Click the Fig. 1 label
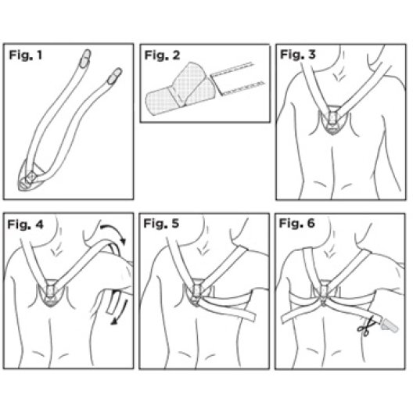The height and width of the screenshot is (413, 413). (26, 56)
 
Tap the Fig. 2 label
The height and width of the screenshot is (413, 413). (162, 56)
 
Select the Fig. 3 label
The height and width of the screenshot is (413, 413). (298, 55)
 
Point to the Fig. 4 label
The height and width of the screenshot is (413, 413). (25, 224)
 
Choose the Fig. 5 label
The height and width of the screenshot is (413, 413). (161, 224)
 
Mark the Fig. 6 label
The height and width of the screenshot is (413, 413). (297, 224)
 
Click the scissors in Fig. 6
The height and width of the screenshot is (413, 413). (365, 327)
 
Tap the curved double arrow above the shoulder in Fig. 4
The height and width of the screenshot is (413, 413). (113, 227)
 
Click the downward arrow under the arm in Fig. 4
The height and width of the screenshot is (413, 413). (120, 312)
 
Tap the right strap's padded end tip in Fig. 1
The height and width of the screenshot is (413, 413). (115, 76)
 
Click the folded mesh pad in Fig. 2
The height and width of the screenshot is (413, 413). (181, 88)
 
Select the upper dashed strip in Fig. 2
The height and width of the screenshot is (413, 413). (232, 70)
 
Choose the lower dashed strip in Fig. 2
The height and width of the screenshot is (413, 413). (242, 88)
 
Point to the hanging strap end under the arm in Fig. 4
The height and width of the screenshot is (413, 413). (113, 302)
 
